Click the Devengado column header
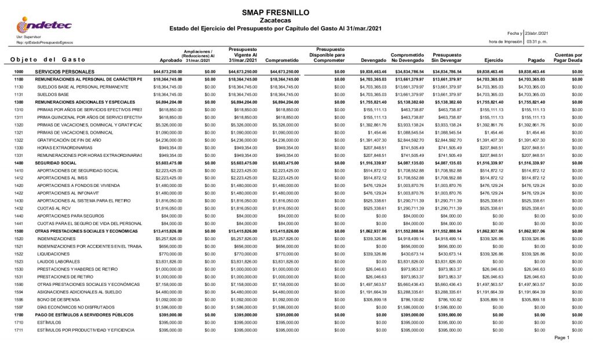(x=374, y=60)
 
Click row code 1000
(x=18, y=71)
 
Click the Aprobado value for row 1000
(x=167, y=71)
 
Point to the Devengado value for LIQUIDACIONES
(x=374, y=254)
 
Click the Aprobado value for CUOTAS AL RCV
(x=169, y=208)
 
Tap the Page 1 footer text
(x=562, y=338)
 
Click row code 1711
(x=18, y=329)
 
